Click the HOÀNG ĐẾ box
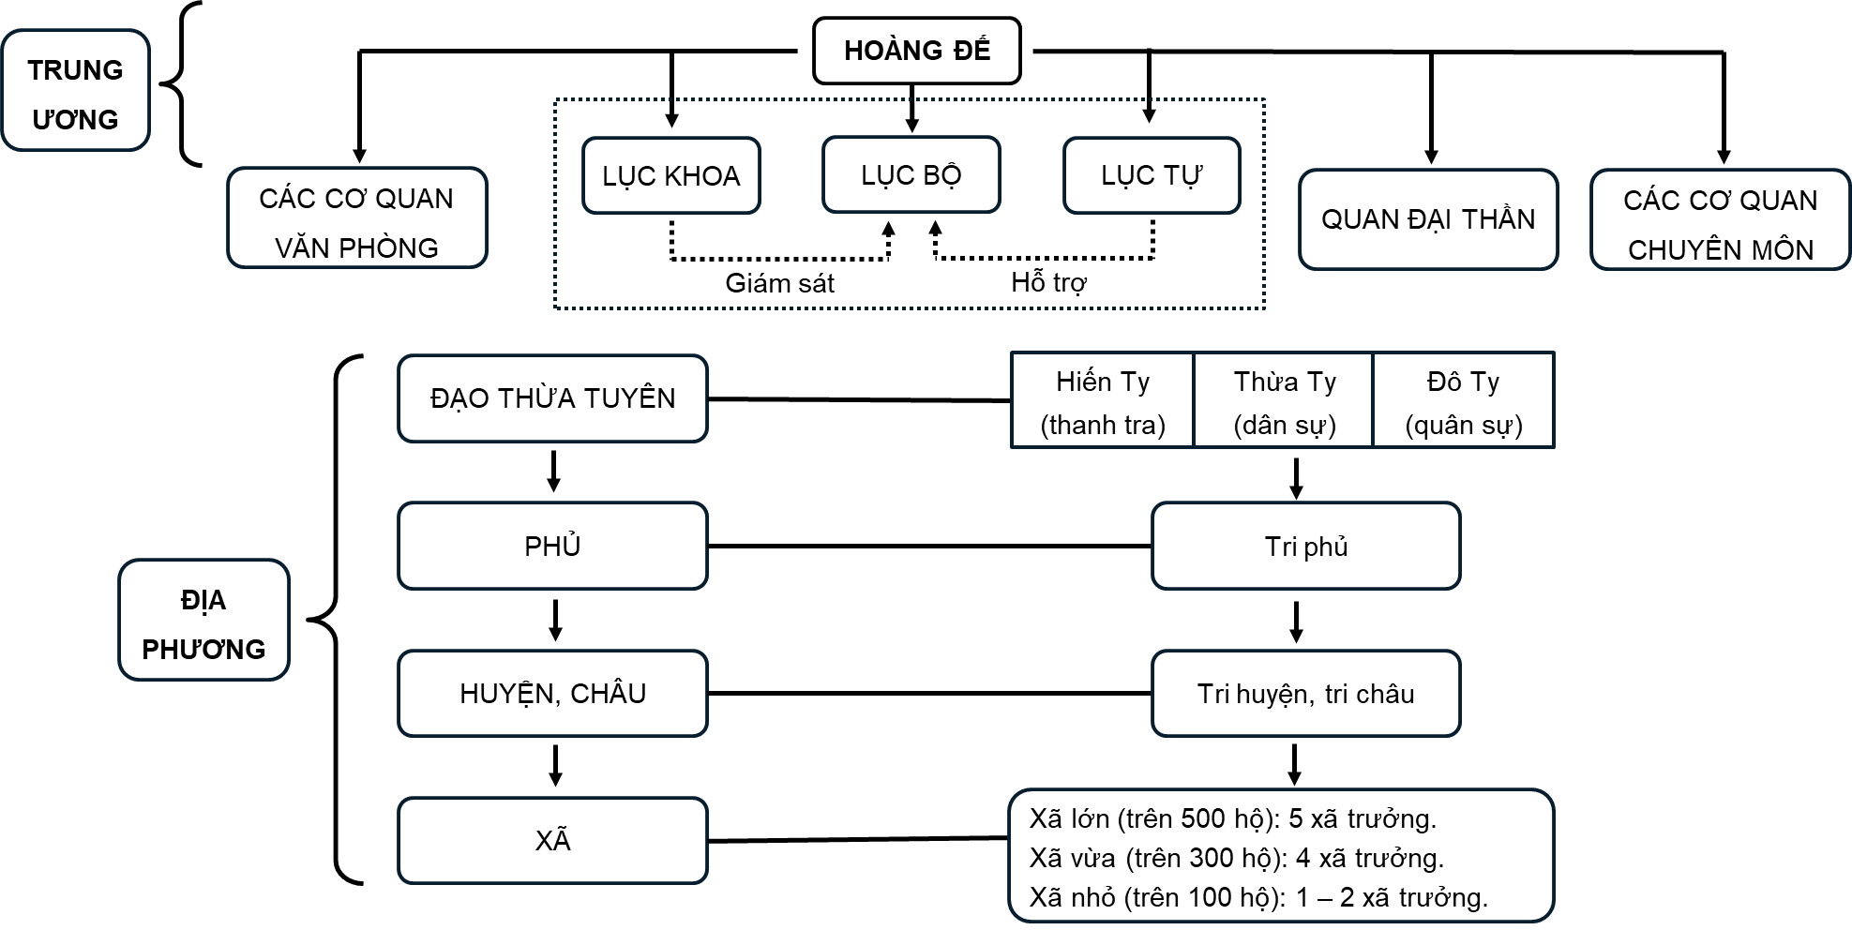(916, 51)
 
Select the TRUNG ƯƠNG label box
(75, 91)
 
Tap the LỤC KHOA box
(670, 176)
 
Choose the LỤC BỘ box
(911, 175)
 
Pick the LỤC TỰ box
(1151, 175)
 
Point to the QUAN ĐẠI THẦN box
(1427, 219)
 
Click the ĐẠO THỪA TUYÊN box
(552, 398)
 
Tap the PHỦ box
(552, 546)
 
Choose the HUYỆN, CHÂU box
(552, 694)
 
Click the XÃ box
(552, 841)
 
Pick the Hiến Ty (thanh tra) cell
(1102, 401)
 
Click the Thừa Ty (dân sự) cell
(1284, 401)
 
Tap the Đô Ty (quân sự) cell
(1463, 401)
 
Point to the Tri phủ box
(1305, 547)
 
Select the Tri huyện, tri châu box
(1305, 694)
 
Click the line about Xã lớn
(1232, 818)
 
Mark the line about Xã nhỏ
(1257, 897)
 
